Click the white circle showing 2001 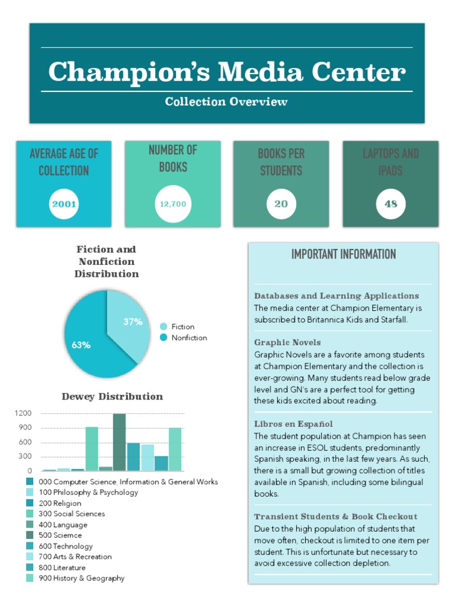[x=64, y=205]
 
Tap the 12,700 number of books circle [x=173, y=205]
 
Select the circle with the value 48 [x=390, y=205]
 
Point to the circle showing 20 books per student [x=281, y=205]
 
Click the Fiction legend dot [x=164, y=327]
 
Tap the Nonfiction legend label [x=189, y=338]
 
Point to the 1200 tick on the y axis [x=24, y=413]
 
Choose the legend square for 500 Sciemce [x=30, y=535]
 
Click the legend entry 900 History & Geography [x=81, y=578]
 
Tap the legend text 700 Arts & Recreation [x=75, y=557]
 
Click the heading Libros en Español [x=293, y=424]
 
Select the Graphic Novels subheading [x=287, y=342]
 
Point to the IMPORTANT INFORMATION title [x=344, y=254]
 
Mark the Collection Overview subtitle [x=226, y=101]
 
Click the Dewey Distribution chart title [x=112, y=396]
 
